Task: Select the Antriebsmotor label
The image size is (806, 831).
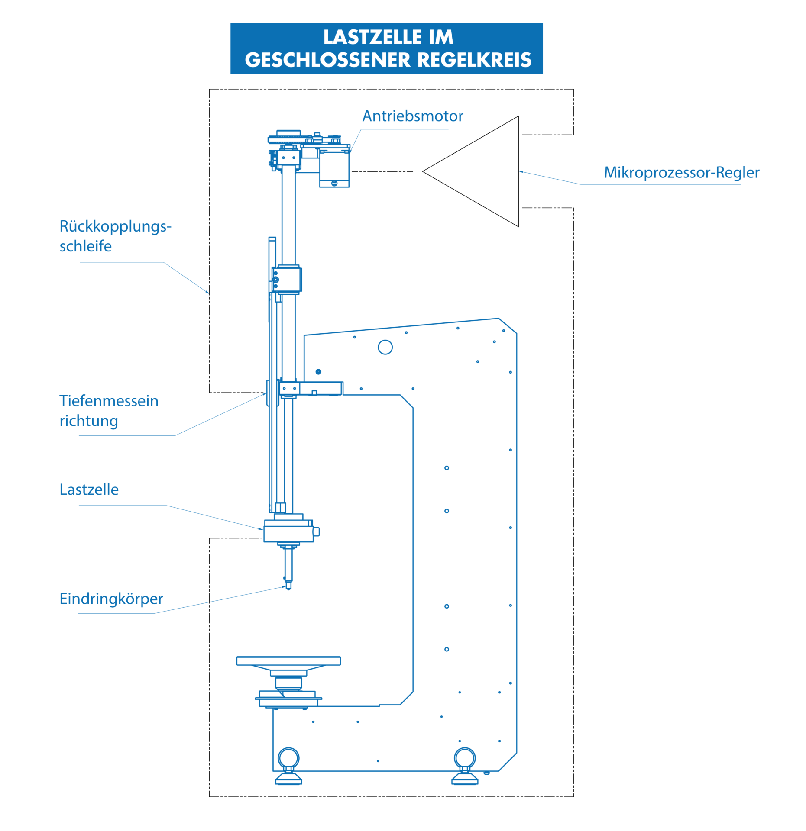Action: click(413, 116)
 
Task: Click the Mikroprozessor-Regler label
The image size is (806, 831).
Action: click(682, 173)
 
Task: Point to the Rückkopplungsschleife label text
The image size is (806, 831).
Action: click(116, 236)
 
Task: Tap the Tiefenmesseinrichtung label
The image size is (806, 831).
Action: click(109, 410)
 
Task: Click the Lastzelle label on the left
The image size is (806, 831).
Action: click(89, 490)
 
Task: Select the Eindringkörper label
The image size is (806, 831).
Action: click(111, 599)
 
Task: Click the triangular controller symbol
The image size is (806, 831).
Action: click(518, 171)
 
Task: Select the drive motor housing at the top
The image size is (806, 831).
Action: click(334, 168)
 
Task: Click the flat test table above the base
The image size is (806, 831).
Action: click(288, 661)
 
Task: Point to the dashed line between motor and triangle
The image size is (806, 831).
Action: click(382, 171)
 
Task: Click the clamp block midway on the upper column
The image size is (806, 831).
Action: click(287, 280)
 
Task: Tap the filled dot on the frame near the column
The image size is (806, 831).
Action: click(318, 372)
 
